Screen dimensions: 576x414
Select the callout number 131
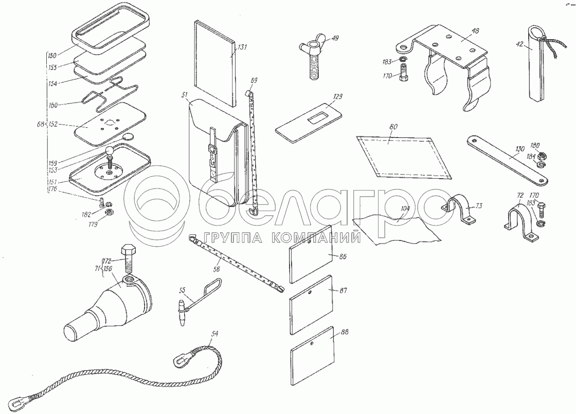[x=242, y=47]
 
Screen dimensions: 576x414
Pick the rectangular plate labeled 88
[x=313, y=352]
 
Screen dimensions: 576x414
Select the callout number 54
[x=214, y=334]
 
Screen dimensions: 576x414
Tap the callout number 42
[x=519, y=45]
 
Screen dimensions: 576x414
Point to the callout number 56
[x=216, y=269]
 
